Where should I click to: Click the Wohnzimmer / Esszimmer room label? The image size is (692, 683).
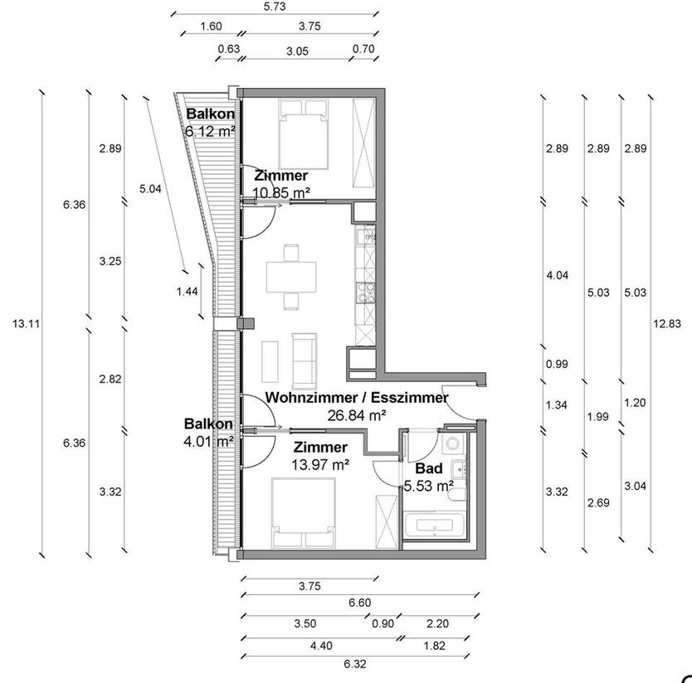[x=357, y=398]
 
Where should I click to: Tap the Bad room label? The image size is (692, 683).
[x=428, y=469]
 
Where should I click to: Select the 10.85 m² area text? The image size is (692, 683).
[x=282, y=192]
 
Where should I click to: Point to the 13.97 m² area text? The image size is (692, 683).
[x=320, y=465]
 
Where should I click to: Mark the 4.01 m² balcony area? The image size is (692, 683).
[x=208, y=441]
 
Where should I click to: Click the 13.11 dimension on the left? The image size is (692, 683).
[x=26, y=324]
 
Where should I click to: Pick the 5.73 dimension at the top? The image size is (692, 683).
[x=274, y=7]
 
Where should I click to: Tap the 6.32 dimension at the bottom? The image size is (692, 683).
[x=354, y=664]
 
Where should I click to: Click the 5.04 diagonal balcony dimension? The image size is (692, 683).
[x=150, y=189]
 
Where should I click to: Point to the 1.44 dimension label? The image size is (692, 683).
[x=187, y=291]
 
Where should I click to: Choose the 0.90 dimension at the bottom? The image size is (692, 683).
[x=383, y=624]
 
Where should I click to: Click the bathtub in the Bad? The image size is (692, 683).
[x=435, y=526]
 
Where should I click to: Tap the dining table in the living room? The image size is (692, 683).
[x=291, y=276]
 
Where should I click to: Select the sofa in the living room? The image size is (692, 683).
[x=304, y=356]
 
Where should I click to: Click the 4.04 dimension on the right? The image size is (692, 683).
[x=557, y=276]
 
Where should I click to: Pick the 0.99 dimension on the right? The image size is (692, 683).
[x=557, y=365]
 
